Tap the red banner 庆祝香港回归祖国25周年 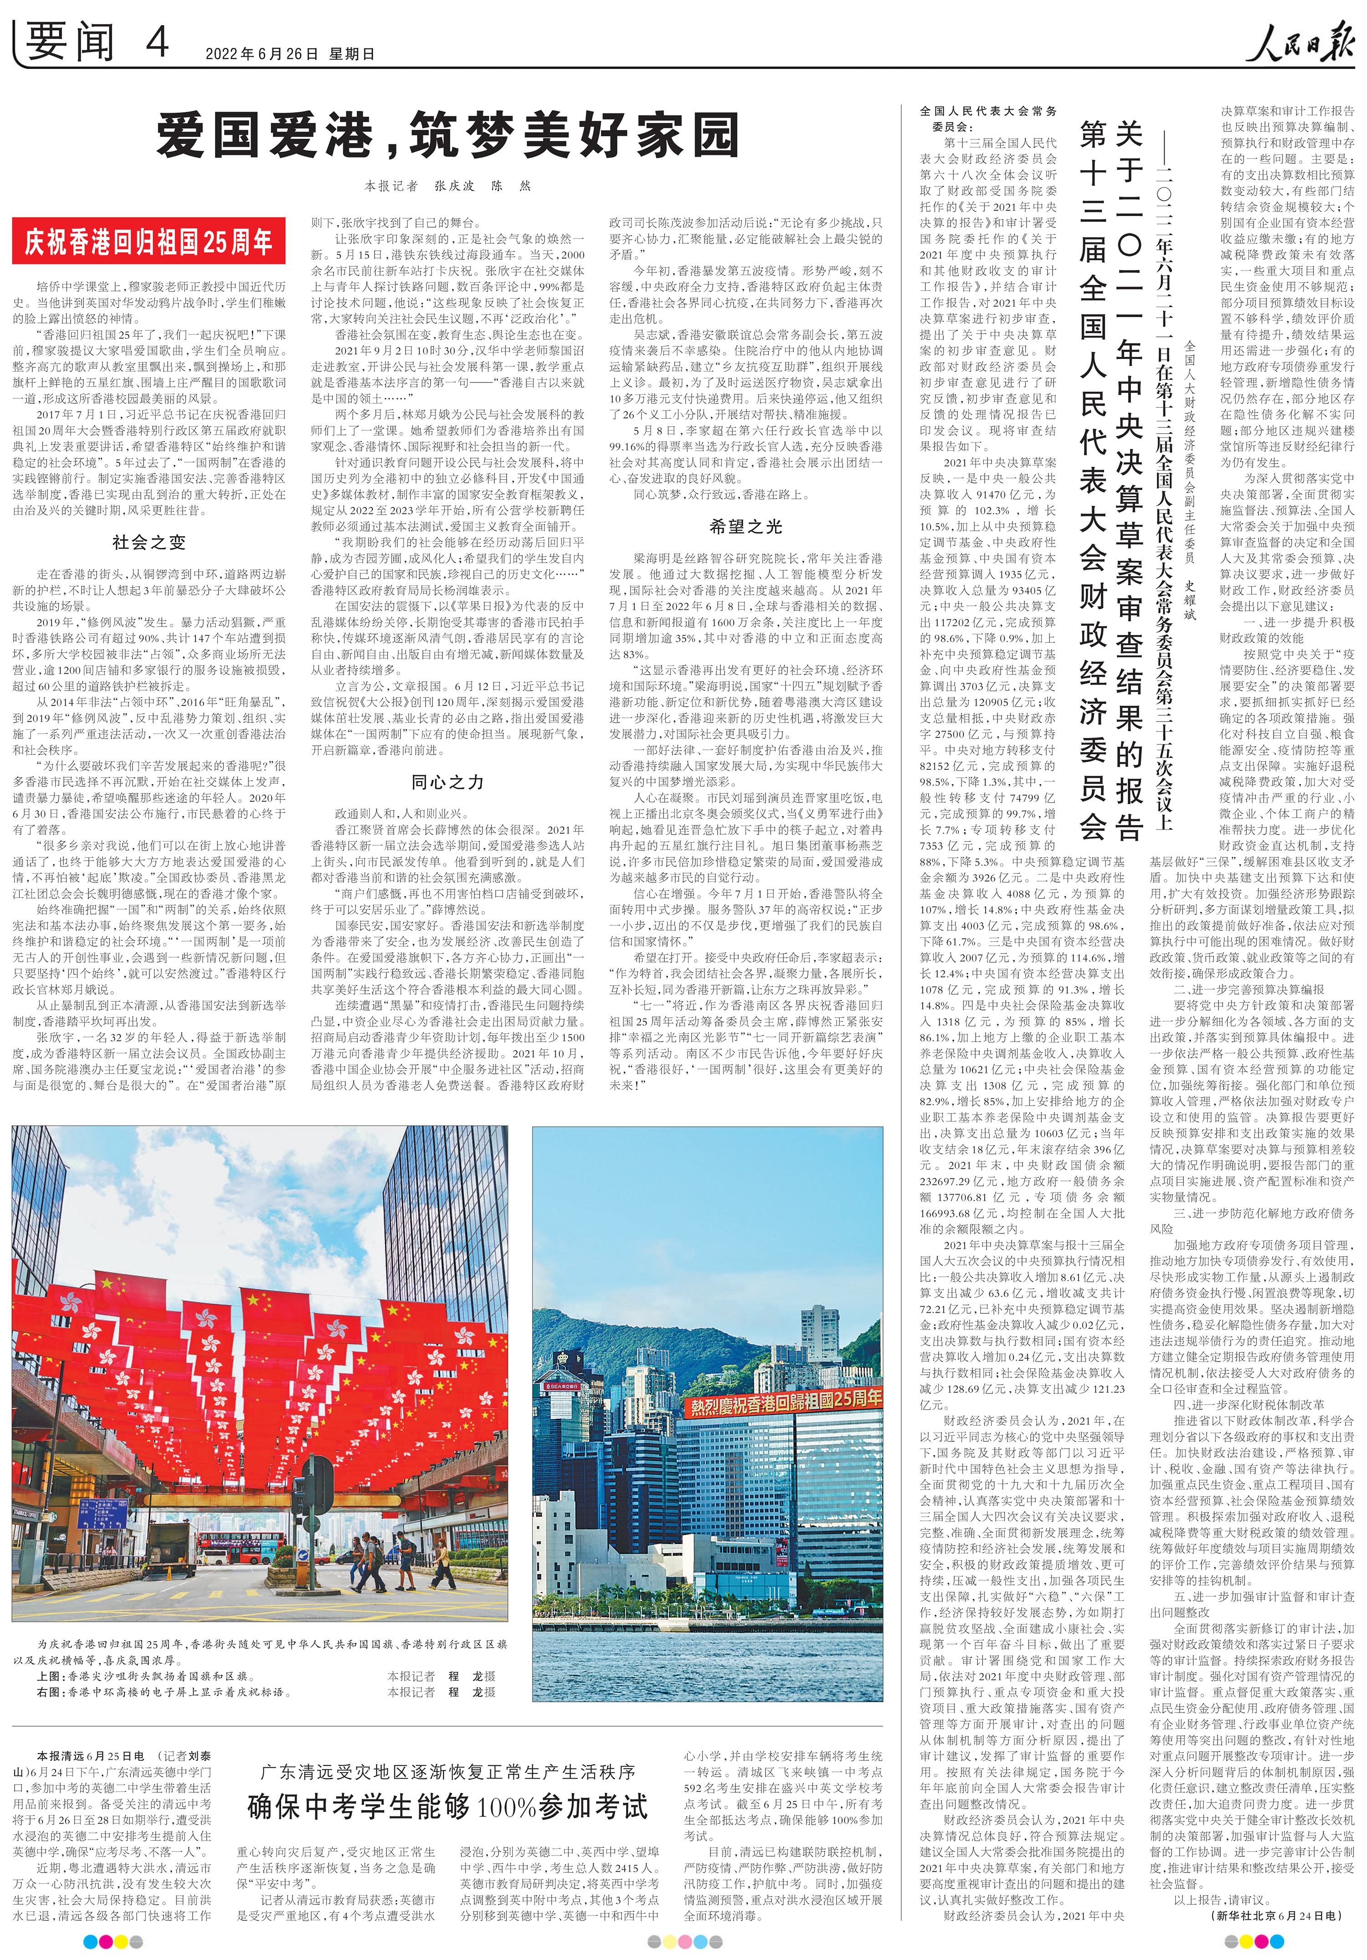(x=144, y=242)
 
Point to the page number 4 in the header (x=157, y=41)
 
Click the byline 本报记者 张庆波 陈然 (x=447, y=185)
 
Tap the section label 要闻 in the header (x=70, y=41)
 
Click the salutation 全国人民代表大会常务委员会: (x=988, y=118)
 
